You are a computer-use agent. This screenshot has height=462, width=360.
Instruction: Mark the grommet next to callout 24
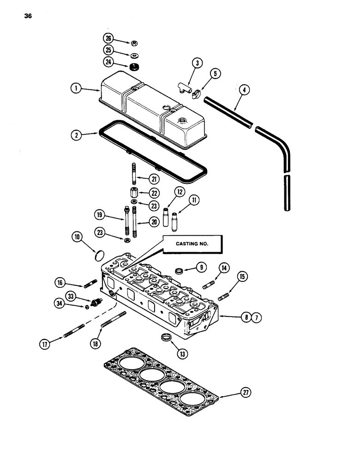click(x=135, y=67)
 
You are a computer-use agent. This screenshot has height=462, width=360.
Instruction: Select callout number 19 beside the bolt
click(x=99, y=215)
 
